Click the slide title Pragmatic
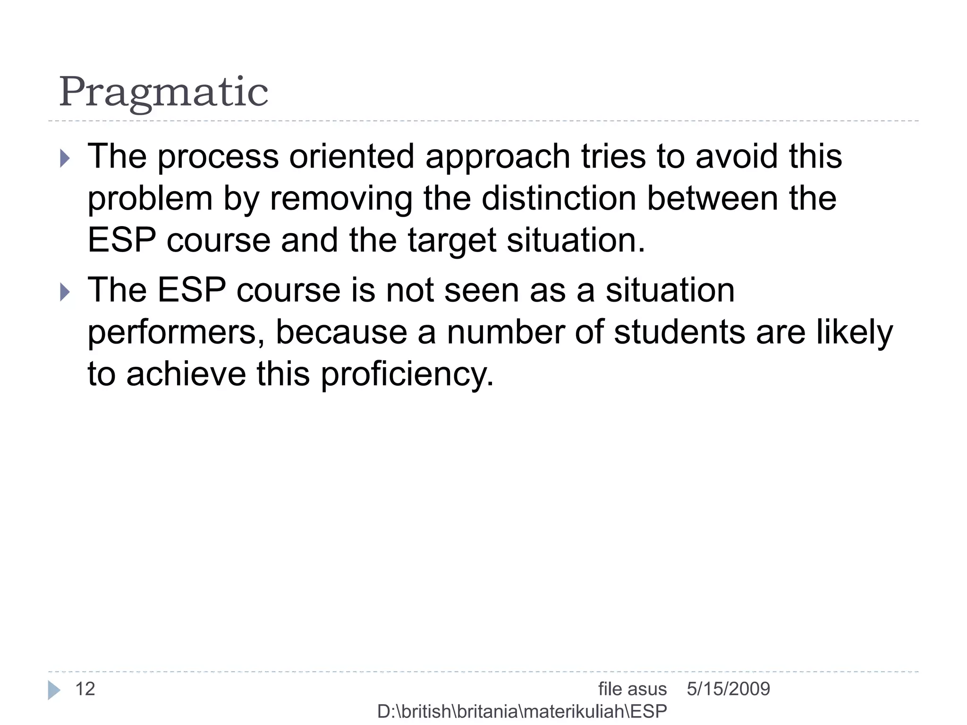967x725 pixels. [163, 92]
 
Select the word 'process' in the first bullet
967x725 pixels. [218, 157]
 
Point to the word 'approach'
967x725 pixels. [498, 157]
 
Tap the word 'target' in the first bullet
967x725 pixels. [451, 241]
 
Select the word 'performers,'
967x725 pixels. [176, 332]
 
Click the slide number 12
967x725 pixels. [85, 689]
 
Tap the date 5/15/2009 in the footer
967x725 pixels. [728, 689]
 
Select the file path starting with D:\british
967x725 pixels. [522, 711]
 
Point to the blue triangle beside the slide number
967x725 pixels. [54, 690]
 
